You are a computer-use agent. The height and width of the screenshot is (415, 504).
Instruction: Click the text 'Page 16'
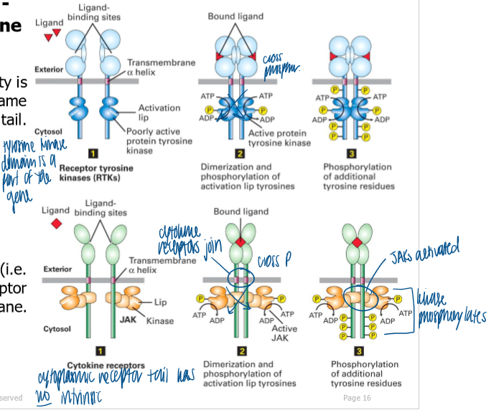357,398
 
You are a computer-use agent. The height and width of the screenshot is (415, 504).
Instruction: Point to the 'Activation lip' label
159,113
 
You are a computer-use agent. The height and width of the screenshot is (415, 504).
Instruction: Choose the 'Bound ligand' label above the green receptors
241,211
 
